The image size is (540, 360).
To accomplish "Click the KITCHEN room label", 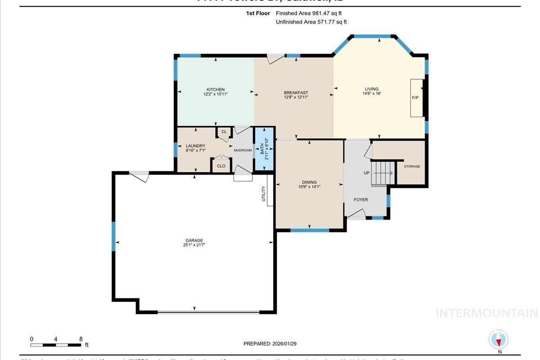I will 215,90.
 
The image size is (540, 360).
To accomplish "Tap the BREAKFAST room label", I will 296,93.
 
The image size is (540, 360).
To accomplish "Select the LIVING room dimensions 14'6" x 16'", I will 372,94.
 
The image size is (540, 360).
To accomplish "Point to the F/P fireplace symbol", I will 416,98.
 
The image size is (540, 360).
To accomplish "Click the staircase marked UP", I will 382,173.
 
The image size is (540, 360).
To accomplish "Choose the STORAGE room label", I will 411,166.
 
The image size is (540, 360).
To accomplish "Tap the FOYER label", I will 360,200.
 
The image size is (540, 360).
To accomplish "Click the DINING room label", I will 309,182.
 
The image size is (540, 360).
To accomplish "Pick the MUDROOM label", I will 243,150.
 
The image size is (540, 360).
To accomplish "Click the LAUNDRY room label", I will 195,146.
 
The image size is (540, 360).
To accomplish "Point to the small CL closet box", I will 224,132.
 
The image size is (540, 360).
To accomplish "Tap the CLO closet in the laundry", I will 221,166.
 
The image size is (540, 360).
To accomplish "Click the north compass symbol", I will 498,340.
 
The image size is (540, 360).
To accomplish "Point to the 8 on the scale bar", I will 81,339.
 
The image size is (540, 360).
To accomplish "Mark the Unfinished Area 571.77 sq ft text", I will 311,22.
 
